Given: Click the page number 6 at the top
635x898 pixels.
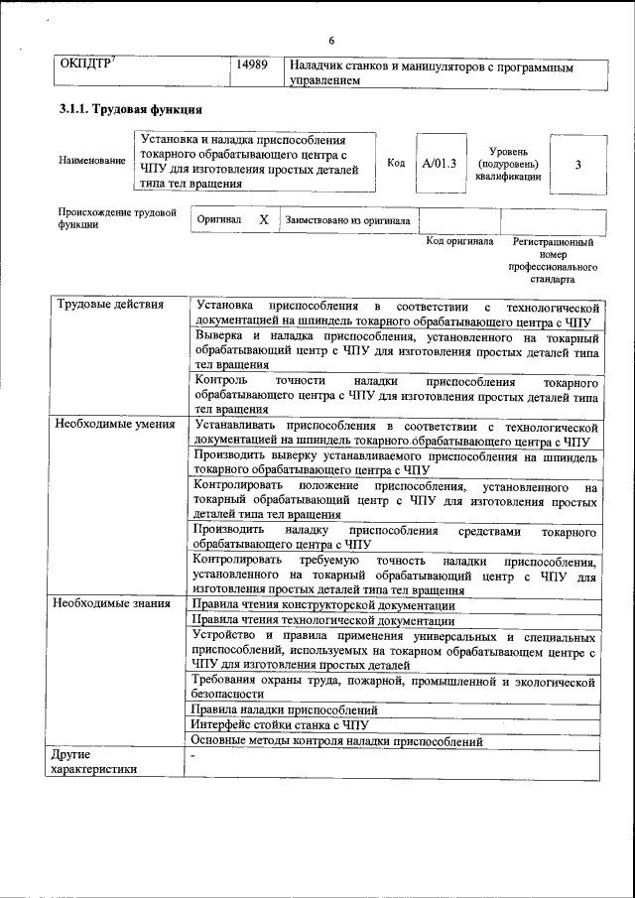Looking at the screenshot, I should coord(331,41).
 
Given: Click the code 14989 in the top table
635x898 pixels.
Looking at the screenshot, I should coord(254,66).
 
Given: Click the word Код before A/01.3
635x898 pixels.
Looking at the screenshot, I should coord(396,163).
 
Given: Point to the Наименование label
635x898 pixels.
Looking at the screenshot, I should coord(92,161).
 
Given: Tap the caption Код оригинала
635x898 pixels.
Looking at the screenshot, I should coord(459,241).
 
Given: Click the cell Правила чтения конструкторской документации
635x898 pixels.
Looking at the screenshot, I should coord(323,604).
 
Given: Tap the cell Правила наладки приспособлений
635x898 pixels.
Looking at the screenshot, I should coord(285,710).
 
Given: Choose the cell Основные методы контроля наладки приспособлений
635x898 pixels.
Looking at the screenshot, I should coord(336,740).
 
